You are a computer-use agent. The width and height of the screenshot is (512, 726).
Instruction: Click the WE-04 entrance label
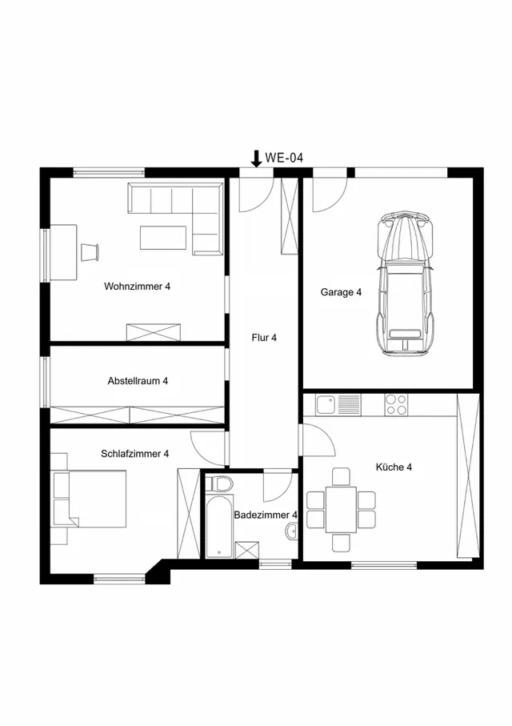pyautogui.click(x=284, y=158)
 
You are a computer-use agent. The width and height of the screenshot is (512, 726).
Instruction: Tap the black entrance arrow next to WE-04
pyautogui.click(x=256, y=158)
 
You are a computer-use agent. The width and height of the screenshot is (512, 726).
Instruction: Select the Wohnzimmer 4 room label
pyautogui.click(x=137, y=286)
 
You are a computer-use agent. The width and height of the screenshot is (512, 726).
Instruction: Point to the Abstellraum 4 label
pyautogui.click(x=138, y=381)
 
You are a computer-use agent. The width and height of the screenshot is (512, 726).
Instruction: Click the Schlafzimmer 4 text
pyautogui.click(x=134, y=454)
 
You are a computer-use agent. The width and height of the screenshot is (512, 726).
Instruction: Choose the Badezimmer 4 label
pyautogui.click(x=266, y=515)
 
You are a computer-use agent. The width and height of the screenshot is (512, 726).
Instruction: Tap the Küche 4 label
pyautogui.click(x=394, y=467)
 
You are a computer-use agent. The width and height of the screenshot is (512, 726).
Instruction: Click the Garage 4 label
pyautogui.click(x=341, y=292)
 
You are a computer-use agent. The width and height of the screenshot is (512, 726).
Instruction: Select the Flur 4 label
pyautogui.click(x=264, y=338)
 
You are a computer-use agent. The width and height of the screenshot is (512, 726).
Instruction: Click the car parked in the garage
pyautogui.click(x=406, y=283)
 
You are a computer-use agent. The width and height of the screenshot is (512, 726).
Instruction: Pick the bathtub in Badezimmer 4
pyautogui.click(x=219, y=527)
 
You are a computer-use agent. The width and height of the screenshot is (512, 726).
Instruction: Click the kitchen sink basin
pyautogui.click(x=326, y=405)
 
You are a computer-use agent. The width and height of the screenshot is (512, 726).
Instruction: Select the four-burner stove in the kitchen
pyautogui.click(x=396, y=405)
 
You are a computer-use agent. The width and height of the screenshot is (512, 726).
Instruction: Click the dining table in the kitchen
pyautogui.click(x=341, y=509)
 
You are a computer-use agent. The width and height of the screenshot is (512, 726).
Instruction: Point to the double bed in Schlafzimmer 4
pyautogui.click(x=90, y=499)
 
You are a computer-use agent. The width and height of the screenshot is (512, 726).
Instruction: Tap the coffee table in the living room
pyautogui.click(x=163, y=238)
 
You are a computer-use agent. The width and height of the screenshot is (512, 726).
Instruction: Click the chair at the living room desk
pyautogui.click(x=90, y=252)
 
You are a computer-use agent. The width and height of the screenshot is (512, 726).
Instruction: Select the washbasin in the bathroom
pyautogui.click(x=292, y=531)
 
